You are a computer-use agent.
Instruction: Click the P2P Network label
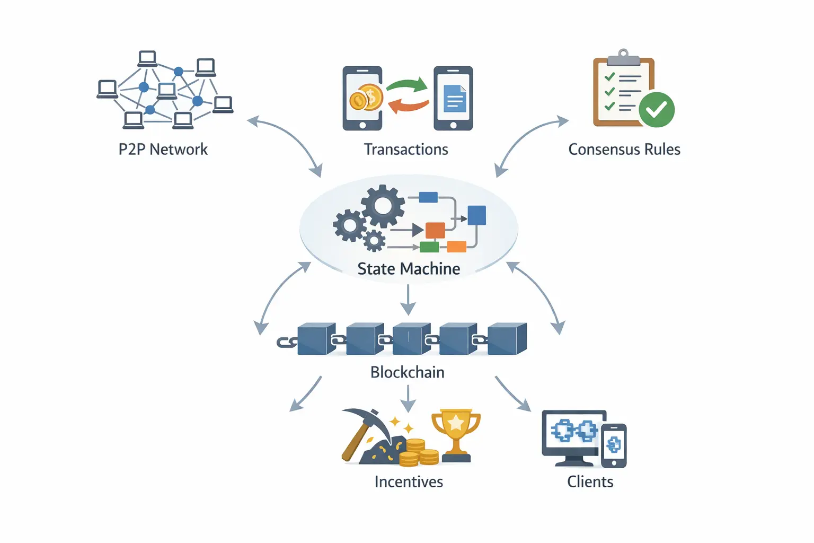pos(163,150)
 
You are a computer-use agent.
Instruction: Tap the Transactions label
pos(406,150)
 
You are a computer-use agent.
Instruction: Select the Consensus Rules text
pos(624,150)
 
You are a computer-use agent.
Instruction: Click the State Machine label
pos(409,269)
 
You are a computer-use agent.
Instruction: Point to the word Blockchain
pos(407,372)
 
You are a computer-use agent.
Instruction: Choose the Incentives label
pos(409,481)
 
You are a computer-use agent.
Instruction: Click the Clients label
pos(590,481)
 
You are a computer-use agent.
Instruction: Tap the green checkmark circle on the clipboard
pos(657,109)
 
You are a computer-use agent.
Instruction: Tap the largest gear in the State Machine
pos(383,206)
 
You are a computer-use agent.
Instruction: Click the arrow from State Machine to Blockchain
pos(408,300)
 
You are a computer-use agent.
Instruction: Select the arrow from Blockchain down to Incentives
pos(408,398)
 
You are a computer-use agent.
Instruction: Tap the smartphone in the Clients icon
pos(614,445)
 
